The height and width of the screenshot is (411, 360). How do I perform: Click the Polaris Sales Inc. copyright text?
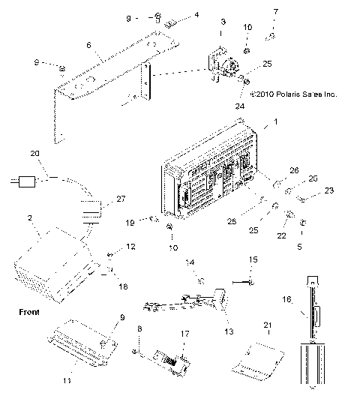pyautogui.click(x=294, y=94)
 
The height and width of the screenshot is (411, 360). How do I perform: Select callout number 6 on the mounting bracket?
pyautogui.click(x=90, y=46)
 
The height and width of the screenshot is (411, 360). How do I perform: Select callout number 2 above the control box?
pyautogui.click(x=29, y=218)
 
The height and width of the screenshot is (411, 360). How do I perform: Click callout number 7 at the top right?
pyautogui.click(x=275, y=12)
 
